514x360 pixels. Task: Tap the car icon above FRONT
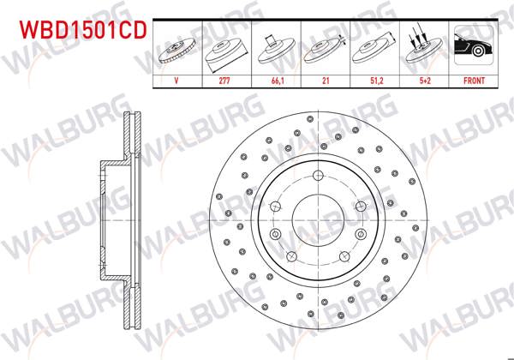click(x=474, y=47)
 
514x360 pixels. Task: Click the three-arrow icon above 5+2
click(x=425, y=47)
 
